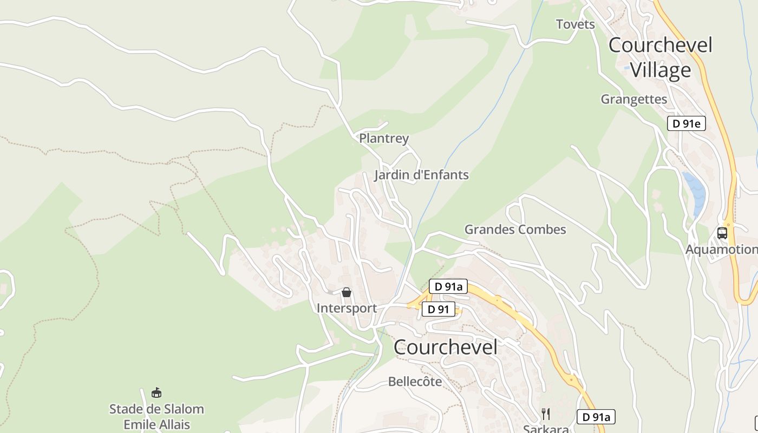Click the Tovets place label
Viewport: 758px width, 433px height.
click(x=575, y=24)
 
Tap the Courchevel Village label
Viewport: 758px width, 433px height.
click(x=661, y=57)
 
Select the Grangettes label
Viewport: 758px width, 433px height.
click(x=633, y=99)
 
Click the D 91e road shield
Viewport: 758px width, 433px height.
click(x=686, y=123)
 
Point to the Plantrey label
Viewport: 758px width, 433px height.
click(x=384, y=138)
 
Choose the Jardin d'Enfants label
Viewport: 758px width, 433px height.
click(x=421, y=175)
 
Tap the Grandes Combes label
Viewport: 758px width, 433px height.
click(x=515, y=229)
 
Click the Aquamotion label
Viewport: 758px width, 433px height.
click(x=721, y=250)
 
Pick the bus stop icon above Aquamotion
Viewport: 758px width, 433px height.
click(x=722, y=233)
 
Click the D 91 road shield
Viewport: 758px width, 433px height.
click(x=438, y=309)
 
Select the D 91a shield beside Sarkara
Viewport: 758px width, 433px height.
click(x=596, y=417)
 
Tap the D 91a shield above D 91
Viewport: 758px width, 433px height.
click(x=448, y=286)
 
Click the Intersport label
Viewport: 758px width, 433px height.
click(x=347, y=309)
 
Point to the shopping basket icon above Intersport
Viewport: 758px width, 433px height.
click(x=347, y=292)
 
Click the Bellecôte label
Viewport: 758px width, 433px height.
click(x=415, y=382)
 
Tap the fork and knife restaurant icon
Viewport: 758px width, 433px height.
click(x=546, y=414)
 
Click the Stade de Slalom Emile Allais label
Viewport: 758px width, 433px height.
click(x=156, y=416)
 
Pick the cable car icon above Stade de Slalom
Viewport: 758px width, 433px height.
click(x=156, y=392)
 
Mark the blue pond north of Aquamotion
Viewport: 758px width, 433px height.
click(x=696, y=192)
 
